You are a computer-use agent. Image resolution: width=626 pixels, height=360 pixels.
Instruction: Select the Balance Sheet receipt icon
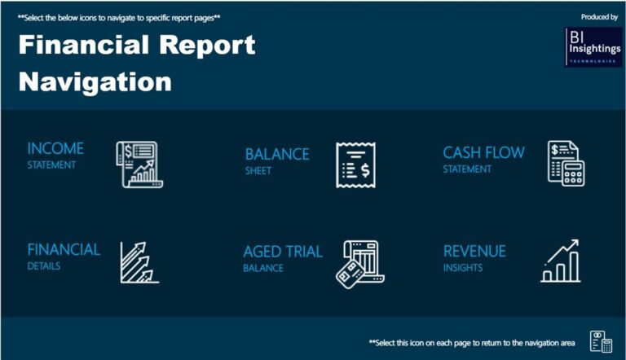[x=355, y=165]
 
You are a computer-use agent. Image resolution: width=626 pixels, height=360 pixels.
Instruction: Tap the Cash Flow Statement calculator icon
[x=566, y=163]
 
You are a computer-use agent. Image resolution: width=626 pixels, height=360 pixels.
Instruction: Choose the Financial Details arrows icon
[x=138, y=261]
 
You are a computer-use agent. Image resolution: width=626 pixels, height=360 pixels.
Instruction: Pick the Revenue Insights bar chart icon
[x=561, y=261]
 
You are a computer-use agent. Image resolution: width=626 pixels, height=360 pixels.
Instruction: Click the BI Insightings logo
[x=593, y=46]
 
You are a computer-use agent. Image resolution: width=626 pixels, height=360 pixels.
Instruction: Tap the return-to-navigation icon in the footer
[x=601, y=343]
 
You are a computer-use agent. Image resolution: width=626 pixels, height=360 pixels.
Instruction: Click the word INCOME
[x=55, y=148]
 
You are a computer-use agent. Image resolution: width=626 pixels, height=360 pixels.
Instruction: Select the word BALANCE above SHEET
[x=277, y=154]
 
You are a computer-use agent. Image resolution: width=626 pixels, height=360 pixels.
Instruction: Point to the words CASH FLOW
[x=483, y=152]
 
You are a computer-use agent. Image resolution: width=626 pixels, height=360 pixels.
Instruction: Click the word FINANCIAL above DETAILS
[x=64, y=249]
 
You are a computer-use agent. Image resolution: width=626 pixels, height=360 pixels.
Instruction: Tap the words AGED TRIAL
[x=283, y=252]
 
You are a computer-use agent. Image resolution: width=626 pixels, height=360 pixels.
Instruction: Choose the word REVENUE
[x=474, y=252]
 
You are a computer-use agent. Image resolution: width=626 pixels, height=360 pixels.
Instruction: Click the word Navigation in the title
[x=95, y=81]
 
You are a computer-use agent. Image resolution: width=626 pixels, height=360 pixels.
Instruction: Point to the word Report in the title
[x=204, y=46]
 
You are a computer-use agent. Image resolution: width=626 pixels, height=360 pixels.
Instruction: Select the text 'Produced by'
[x=599, y=16]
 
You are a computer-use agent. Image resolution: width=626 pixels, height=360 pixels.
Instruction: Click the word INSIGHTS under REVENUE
[x=463, y=268]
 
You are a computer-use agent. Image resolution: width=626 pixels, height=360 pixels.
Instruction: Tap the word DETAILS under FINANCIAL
[x=45, y=266]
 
